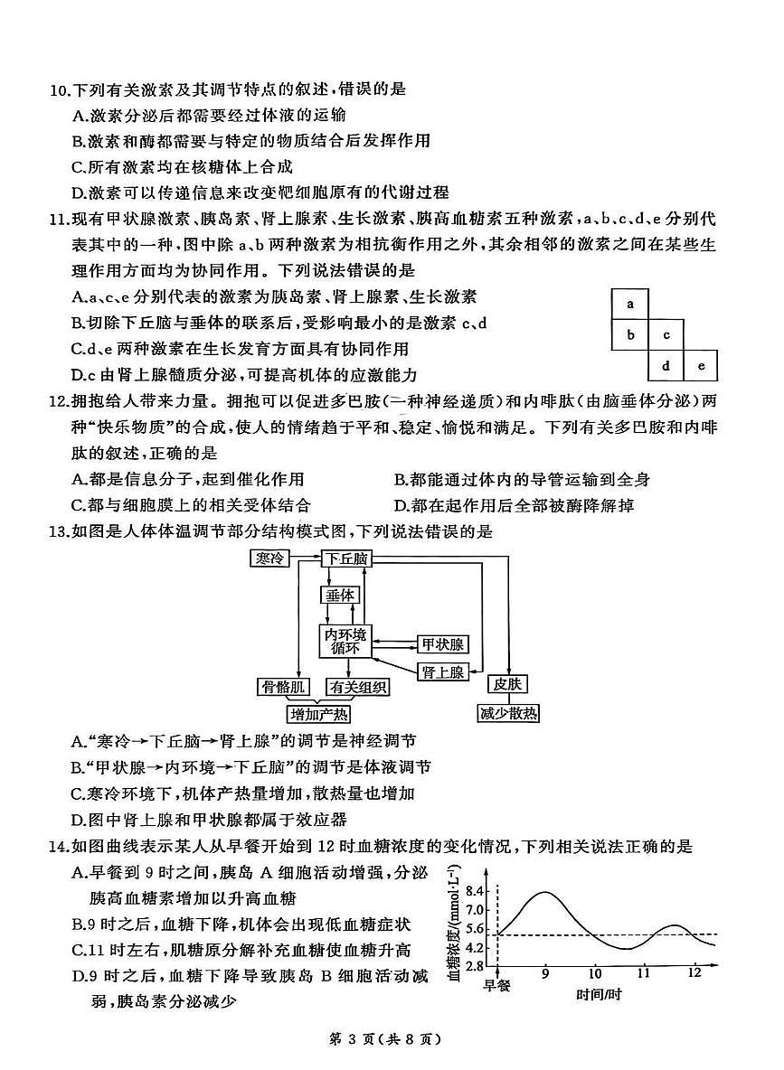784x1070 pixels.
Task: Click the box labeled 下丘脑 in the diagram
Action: [x=346, y=559]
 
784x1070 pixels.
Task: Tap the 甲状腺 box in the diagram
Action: [x=442, y=644]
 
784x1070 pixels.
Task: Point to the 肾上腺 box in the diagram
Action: [x=442, y=671]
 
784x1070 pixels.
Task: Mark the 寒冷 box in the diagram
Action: [x=268, y=559]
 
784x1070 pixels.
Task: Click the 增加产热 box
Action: [x=318, y=715]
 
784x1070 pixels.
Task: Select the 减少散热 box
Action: [x=507, y=714]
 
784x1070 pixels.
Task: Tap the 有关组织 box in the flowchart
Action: [x=358, y=688]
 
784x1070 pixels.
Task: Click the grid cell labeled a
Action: [x=630, y=305]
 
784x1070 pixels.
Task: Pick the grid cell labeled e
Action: [x=701, y=366]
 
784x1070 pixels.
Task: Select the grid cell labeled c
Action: [x=666, y=335]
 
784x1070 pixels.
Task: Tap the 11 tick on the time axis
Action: [x=643, y=974]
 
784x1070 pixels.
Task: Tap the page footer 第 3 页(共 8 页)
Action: [x=392, y=1039]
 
